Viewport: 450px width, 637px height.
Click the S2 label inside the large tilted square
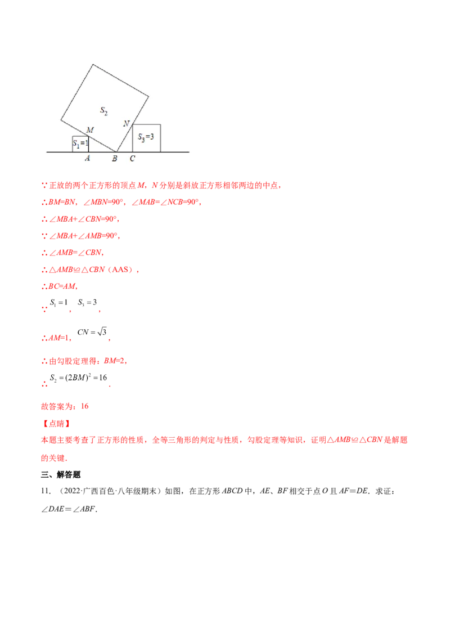104,111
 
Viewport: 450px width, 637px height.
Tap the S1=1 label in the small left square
81,144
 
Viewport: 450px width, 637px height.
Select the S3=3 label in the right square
146,137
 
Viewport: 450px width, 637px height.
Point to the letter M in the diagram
89,130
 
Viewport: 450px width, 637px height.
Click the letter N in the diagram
126,123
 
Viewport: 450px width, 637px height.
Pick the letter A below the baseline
87,159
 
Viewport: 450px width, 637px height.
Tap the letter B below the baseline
114,159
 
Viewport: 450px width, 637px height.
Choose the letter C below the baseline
132,159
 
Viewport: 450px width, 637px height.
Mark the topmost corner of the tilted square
93,65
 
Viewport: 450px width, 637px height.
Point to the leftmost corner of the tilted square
61,119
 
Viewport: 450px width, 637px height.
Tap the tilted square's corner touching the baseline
117,152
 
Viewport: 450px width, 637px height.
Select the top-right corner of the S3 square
160,124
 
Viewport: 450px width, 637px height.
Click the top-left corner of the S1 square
73,136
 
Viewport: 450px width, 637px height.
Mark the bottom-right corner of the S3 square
160,152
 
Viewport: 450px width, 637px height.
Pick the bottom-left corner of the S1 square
73,152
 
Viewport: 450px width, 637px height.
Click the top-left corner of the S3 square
133,124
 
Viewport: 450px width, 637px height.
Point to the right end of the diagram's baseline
189,152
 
